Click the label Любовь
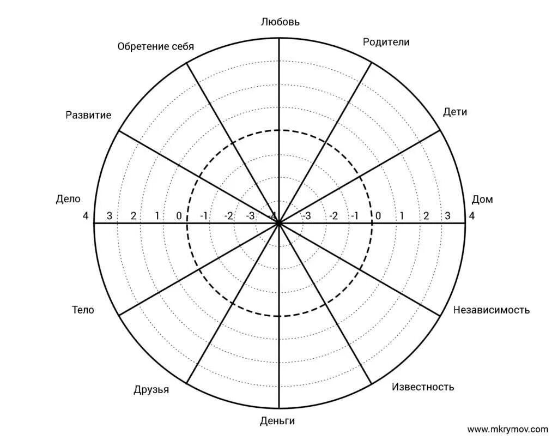pyautogui.click(x=280, y=22)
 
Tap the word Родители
pyautogui.click(x=386, y=42)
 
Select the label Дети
pyautogui.click(x=455, y=112)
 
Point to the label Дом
pyautogui.click(x=482, y=199)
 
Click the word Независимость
pyautogui.click(x=491, y=310)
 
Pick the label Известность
pyautogui.click(x=423, y=387)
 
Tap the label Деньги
pyautogui.click(x=277, y=420)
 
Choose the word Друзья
pyautogui.click(x=151, y=389)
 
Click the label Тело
pyautogui.click(x=83, y=310)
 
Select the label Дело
pyautogui.click(x=68, y=199)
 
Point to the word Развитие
pyautogui.click(x=88, y=115)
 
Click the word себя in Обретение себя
pyautogui.click(x=182, y=46)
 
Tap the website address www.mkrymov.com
pyautogui.click(x=507, y=429)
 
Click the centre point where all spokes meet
pyautogui.click(x=279, y=223)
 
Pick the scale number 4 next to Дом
pyautogui.click(x=472, y=215)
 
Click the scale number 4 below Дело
pyautogui.click(x=86, y=215)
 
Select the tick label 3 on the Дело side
pyautogui.click(x=110, y=215)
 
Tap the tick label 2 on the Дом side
pyautogui.click(x=426, y=215)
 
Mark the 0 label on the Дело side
pyautogui.click(x=179, y=215)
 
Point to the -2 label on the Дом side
pyautogui.click(x=333, y=215)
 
